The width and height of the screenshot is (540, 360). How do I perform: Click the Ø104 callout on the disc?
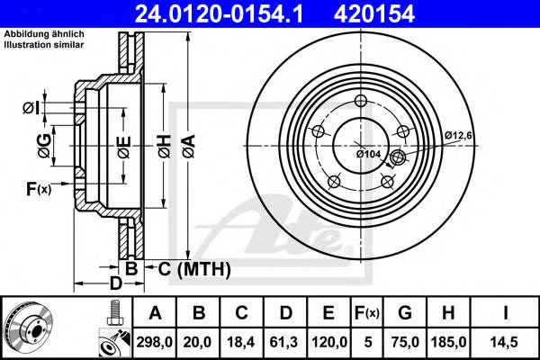coord(368,154)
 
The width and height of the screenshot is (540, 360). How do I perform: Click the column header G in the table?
coord(407,313)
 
